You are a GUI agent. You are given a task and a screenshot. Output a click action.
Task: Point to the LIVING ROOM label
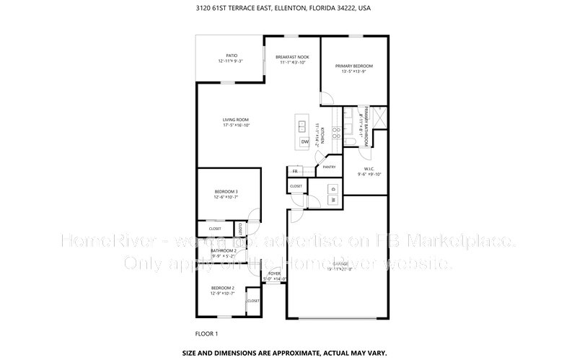[x=236, y=122]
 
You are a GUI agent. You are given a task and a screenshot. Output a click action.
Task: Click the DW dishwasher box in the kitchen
[x=304, y=143]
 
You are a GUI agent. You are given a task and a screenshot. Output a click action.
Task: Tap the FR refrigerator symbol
[x=294, y=172]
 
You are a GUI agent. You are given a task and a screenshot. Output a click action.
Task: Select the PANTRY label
[x=330, y=167]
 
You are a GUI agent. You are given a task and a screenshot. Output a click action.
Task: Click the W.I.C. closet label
[x=369, y=170]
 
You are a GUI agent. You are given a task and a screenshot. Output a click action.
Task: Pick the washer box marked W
[x=333, y=199]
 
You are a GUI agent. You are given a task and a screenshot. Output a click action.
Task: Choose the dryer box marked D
[x=333, y=188]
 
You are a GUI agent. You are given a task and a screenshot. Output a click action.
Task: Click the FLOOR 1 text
[x=206, y=334]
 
